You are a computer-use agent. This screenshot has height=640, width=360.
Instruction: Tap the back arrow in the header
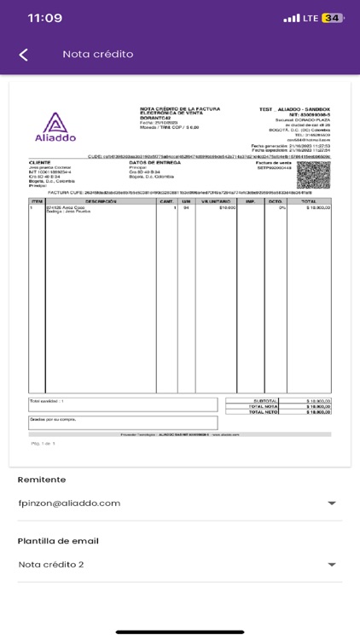pos(24,55)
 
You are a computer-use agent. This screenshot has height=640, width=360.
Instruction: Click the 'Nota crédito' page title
pos(98,55)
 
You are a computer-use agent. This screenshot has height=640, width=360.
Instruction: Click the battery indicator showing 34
pos(333,18)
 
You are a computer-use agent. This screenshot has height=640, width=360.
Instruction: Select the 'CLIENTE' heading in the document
pos(40,162)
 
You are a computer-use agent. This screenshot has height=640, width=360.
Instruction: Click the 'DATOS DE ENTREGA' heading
pos(153,162)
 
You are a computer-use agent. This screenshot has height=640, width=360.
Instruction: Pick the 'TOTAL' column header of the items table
pos(308,201)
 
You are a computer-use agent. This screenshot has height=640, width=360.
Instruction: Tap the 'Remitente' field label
pos(42,480)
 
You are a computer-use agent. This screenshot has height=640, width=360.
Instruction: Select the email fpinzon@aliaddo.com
pos(69,503)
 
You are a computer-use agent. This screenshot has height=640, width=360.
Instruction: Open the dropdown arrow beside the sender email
pos(331,503)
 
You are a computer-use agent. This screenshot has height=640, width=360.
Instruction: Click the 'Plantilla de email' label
pos(58,541)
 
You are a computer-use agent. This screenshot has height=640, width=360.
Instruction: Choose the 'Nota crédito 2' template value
pos(51,564)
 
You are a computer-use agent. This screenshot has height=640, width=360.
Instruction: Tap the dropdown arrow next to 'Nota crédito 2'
pos(331,565)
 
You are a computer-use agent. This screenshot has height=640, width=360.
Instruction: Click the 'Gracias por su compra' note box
pos(123,422)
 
